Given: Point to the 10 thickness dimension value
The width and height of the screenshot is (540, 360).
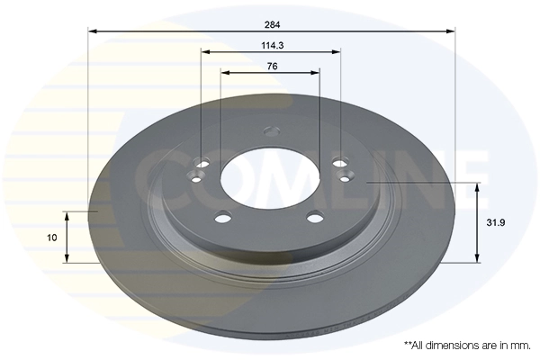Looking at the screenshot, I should click(x=52, y=238).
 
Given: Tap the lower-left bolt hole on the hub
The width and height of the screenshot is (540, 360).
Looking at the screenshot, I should click(x=223, y=216).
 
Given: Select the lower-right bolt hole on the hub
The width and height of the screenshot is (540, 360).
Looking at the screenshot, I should click(x=314, y=216).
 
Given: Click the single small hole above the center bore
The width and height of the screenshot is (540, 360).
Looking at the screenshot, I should click(x=269, y=133).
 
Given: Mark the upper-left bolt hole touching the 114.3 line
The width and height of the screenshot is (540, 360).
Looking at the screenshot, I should click(x=202, y=163).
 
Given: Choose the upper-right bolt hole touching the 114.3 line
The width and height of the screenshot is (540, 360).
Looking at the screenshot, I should click(x=339, y=163).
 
